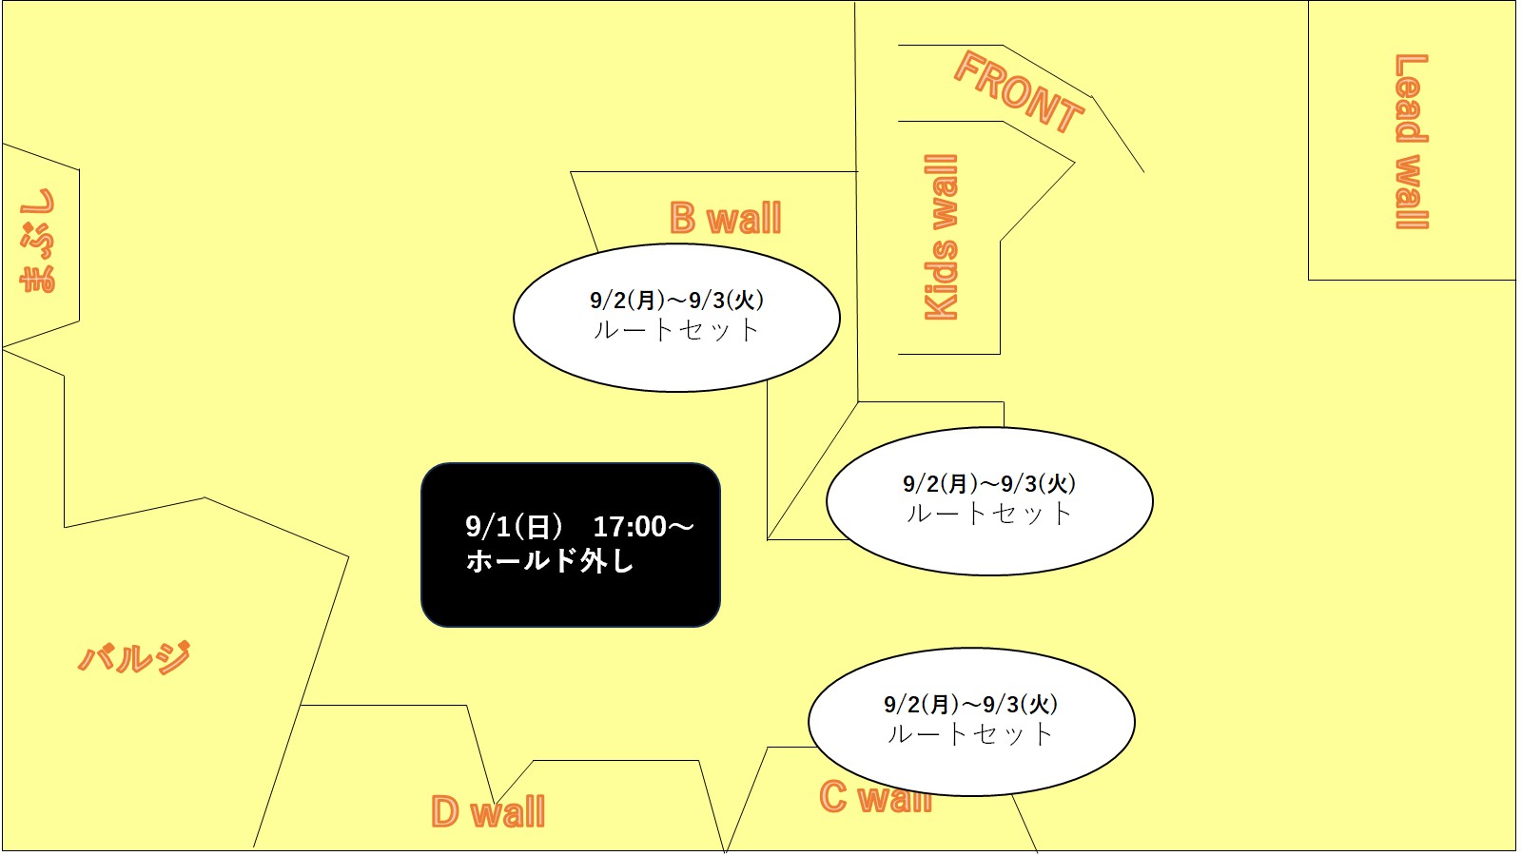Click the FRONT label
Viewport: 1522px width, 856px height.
coord(1019,91)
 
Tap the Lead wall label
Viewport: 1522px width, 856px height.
coord(1412,142)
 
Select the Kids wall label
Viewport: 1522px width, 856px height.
coord(941,237)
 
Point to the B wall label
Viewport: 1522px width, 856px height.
coord(726,218)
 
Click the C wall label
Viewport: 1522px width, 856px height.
coord(875,797)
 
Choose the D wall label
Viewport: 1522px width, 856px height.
coord(488,811)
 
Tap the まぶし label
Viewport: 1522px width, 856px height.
coord(38,241)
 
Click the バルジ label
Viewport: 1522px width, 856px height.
coord(134,657)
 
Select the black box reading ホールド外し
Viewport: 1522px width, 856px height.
coord(571,545)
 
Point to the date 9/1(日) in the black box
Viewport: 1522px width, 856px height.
coord(515,527)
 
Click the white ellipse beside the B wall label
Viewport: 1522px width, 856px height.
coord(676,318)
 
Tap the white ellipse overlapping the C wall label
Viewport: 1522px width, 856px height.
coord(971,722)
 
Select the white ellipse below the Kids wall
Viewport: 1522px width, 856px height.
coord(989,501)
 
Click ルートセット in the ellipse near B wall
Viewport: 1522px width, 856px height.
coord(676,331)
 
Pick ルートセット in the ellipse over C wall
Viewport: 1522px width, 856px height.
coord(971,734)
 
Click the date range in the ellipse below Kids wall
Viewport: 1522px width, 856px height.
coord(989,484)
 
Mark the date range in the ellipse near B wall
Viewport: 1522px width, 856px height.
coord(676,300)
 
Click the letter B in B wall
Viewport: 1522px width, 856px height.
coord(683,218)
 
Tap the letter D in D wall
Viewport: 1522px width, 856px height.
coord(445,811)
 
